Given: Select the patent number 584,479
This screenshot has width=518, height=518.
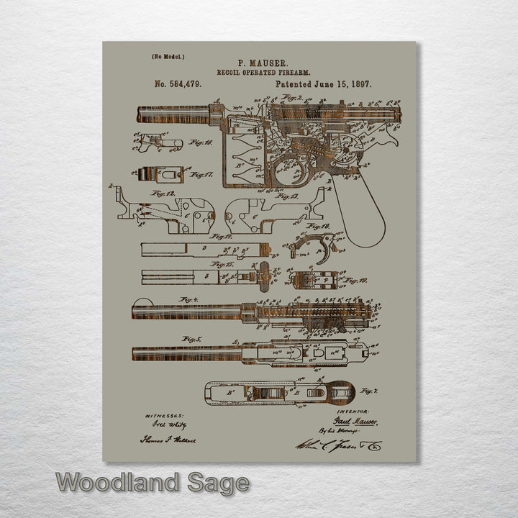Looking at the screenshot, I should pos(178,84).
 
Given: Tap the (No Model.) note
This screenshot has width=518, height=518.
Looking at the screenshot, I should pos(168,56).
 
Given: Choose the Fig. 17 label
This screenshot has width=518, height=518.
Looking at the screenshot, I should pos(201,174).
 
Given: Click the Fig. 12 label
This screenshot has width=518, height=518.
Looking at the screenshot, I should pos(163,194).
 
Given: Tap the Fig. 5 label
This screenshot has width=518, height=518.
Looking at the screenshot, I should pos(191,338).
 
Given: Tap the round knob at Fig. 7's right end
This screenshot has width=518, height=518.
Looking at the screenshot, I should pos(340,392).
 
